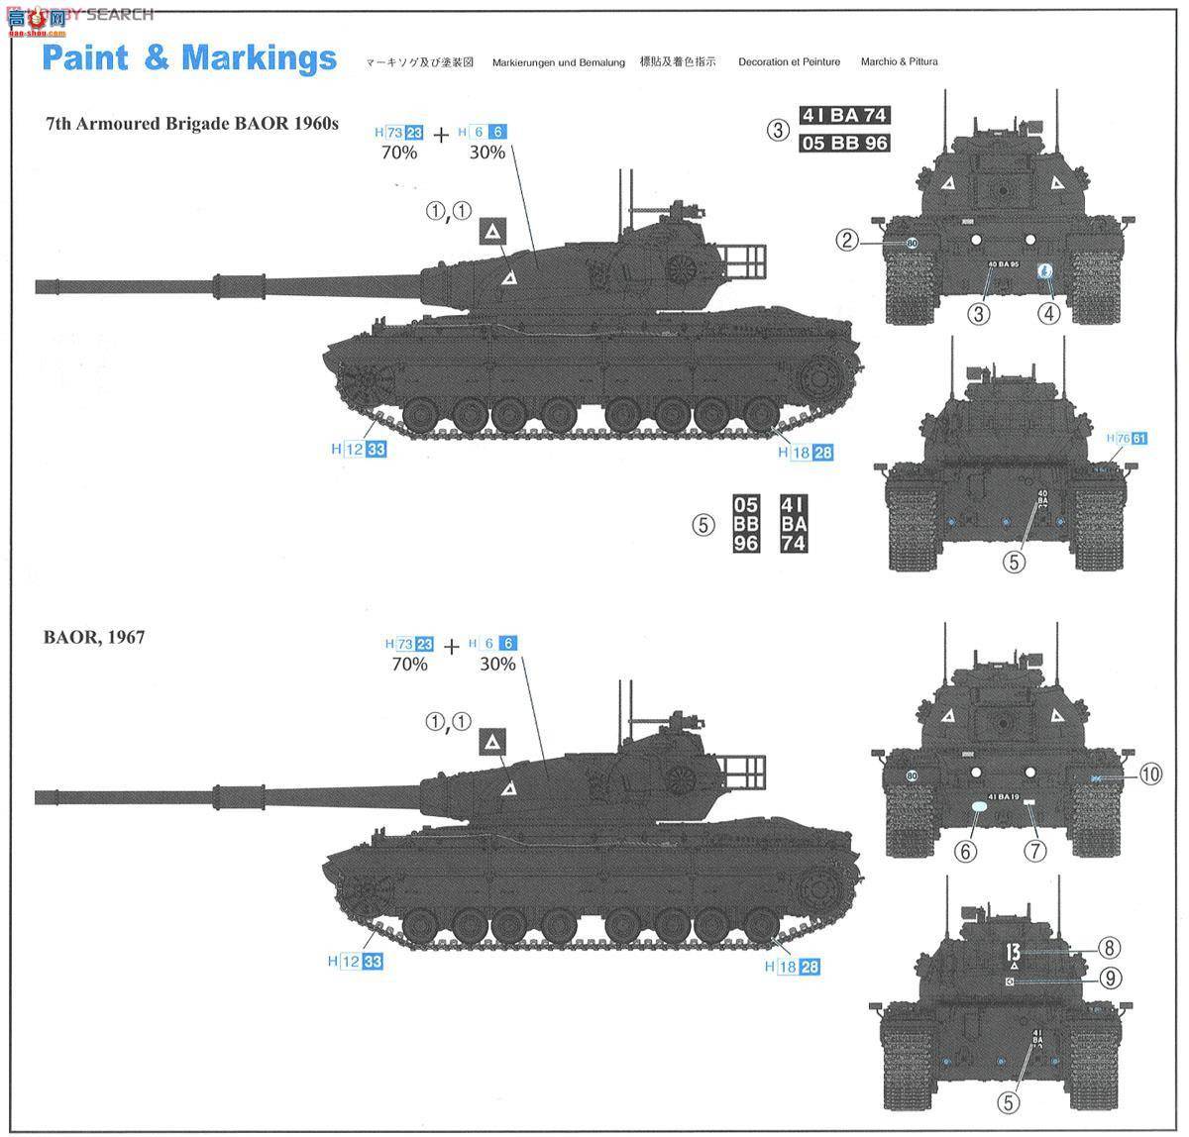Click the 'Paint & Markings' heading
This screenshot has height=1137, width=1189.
click(x=189, y=58)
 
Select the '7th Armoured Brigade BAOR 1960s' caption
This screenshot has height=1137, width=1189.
click(x=192, y=124)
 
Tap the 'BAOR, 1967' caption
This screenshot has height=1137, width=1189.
click(x=93, y=637)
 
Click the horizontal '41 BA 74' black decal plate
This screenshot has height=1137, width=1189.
click(x=844, y=115)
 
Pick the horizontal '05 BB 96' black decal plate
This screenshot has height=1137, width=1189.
click(x=844, y=143)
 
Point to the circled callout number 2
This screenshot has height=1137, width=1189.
click(x=845, y=239)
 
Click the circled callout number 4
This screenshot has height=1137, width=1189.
click(x=1048, y=313)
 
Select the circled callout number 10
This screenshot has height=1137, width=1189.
click(x=1148, y=775)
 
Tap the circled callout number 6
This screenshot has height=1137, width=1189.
click(x=966, y=850)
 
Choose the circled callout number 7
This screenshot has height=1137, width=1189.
click(x=1034, y=850)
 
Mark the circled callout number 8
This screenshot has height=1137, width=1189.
click(x=1109, y=947)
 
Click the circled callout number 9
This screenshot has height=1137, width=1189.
click(x=1109, y=978)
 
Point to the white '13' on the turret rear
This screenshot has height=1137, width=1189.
click(x=1012, y=952)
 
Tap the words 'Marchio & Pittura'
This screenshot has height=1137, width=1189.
click(x=899, y=61)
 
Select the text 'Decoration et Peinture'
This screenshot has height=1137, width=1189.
click(x=789, y=61)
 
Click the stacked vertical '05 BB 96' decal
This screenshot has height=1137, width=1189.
click(x=746, y=524)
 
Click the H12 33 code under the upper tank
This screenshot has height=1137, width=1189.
click(x=359, y=449)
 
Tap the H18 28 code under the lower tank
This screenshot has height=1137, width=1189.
click(x=798, y=967)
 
